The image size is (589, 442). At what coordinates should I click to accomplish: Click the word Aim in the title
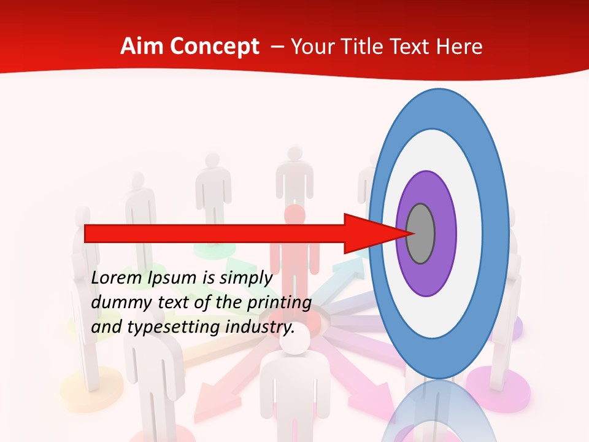[142, 47]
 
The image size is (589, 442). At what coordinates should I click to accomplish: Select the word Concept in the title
[215, 47]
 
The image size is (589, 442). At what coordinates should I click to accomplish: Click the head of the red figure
[294, 217]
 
